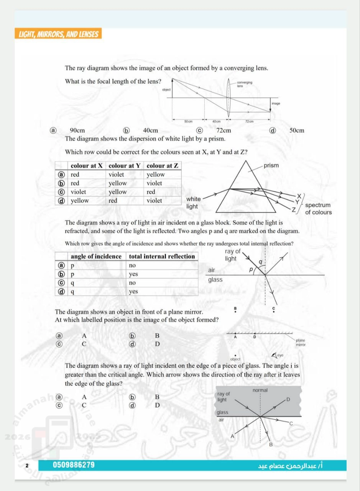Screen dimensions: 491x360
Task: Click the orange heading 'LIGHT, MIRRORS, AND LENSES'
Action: click(x=59, y=35)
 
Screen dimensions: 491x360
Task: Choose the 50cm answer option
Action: click(x=297, y=130)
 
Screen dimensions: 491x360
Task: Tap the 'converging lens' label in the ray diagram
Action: click(x=245, y=84)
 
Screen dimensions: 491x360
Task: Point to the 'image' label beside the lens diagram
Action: click(x=276, y=104)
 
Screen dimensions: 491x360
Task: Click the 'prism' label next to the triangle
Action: click(x=271, y=166)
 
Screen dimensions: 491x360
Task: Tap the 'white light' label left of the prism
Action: click(x=193, y=203)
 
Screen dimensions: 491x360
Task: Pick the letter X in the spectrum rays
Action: click(x=299, y=196)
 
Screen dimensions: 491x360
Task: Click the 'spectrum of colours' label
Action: click(x=318, y=209)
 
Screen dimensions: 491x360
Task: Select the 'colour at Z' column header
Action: click(x=163, y=166)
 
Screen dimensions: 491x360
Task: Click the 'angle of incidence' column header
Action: click(x=96, y=256)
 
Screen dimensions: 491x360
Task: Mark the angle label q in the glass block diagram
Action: click(x=260, y=262)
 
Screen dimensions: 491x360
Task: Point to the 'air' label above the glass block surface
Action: click(x=212, y=270)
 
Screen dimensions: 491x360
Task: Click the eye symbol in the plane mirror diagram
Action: click(x=275, y=355)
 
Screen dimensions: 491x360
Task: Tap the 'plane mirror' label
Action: click(x=301, y=343)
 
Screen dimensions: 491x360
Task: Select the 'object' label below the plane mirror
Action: click(x=235, y=359)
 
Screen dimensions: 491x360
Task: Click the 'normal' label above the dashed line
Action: click(x=260, y=390)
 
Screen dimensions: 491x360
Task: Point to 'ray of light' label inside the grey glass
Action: click(x=224, y=397)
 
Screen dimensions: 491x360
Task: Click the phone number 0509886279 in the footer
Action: click(x=74, y=465)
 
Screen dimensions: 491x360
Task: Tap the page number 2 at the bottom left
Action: click(x=27, y=466)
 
